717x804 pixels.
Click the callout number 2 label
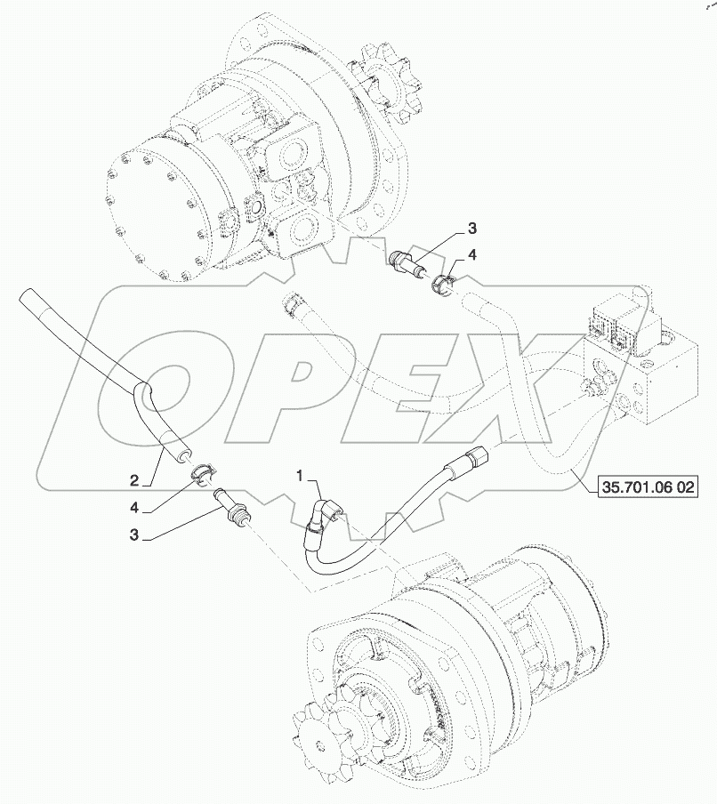(x=134, y=480)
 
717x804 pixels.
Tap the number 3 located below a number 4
(x=134, y=536)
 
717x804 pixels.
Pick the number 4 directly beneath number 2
(x=134, y=507)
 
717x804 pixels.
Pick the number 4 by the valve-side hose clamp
(x=472, y=254)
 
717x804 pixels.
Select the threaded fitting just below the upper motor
(x=409, y=263)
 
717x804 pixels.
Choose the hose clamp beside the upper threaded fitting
(x=444, y=285)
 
